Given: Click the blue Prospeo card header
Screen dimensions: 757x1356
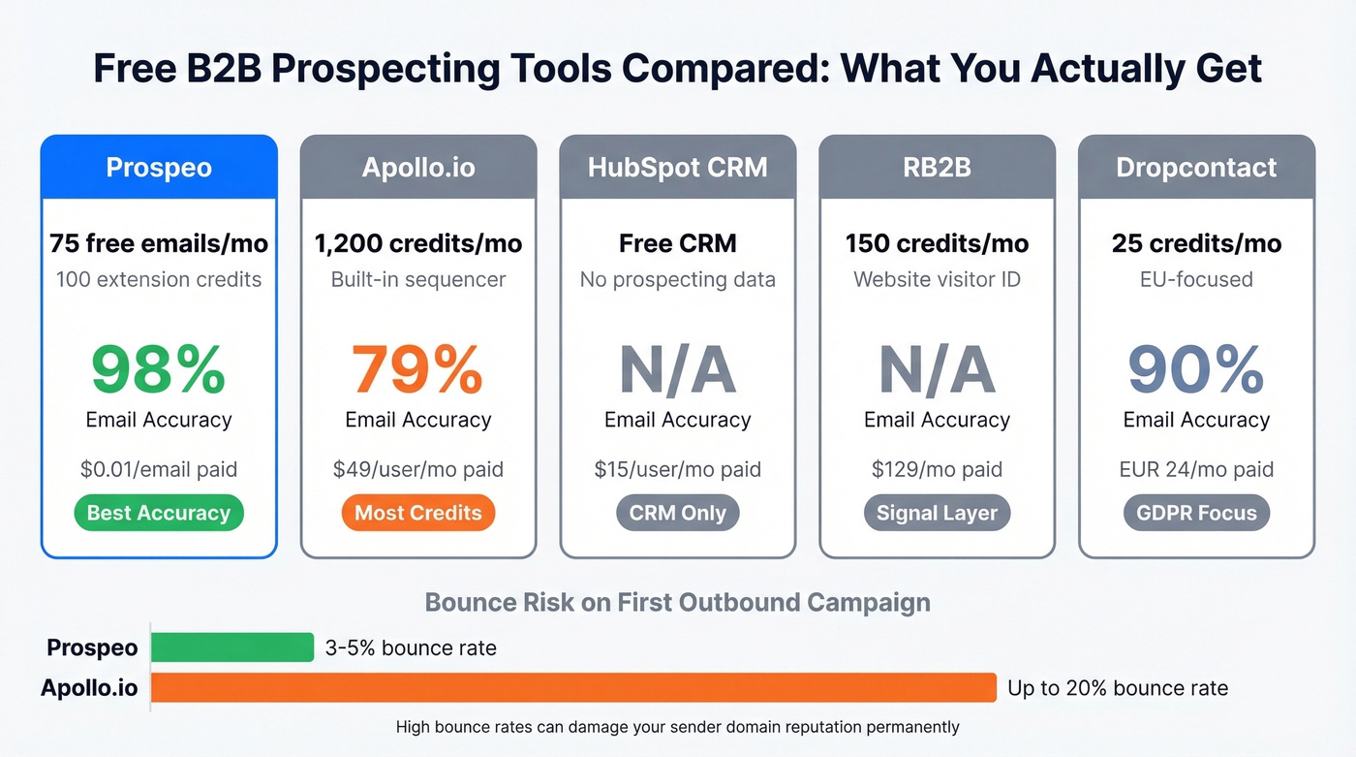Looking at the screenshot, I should click(x=159, y=168).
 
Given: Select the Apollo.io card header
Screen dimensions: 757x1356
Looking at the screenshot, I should click(x=418, y=168).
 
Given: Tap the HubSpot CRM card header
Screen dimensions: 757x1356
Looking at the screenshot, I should click(x=678, y=168).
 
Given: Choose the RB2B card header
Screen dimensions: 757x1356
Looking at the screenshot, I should click(x=937, y=168).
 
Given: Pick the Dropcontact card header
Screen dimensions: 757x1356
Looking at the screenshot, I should click(x=1196, y=168).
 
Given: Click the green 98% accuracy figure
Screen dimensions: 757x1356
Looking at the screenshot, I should click(x=159, y=369).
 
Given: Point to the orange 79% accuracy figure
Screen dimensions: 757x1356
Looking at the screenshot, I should click(x=418, y=369).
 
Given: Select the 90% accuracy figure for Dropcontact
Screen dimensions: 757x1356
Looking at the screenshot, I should click(x=1196, y=369).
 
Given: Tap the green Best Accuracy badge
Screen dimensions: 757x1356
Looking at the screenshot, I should click(x=159, y=514).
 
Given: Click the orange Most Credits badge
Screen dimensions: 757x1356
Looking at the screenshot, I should click(x=418, y=514).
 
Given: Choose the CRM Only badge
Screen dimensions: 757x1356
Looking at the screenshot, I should click(x=678, y=514).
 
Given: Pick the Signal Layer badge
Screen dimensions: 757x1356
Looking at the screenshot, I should click(x=937, y=514).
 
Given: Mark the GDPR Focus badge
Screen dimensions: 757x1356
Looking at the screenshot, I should click(x=1196, y=514).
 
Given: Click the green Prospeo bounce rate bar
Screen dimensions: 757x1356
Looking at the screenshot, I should click(x=232, y=647).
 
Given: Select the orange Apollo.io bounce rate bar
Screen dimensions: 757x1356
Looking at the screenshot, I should click(x=573, y=688).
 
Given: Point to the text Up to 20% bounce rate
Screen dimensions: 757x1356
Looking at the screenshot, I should click(x=1118, y=688).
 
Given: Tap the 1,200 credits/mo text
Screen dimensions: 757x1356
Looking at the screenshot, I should click(x=418, y=243).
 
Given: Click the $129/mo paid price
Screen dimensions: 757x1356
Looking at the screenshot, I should click(x=937, y=470).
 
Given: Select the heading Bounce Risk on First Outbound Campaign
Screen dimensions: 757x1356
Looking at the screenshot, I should click(x=678, y=602).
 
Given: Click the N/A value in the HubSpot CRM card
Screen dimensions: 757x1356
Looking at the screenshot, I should click(x=678, y=369).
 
